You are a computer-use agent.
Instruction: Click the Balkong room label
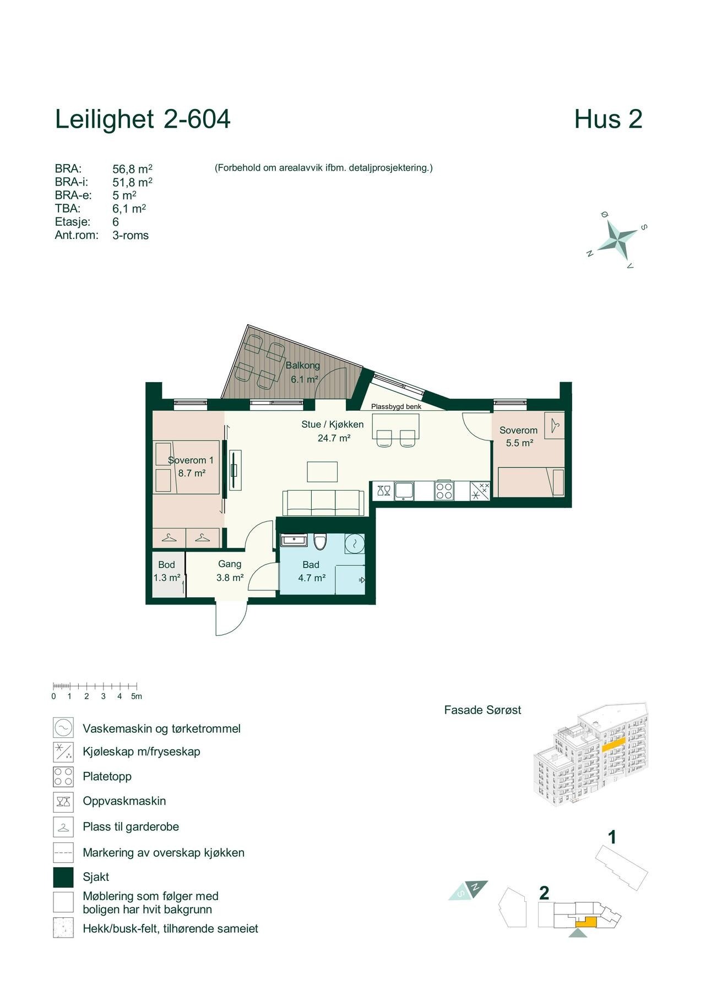302,366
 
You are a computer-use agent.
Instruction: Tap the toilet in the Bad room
320,541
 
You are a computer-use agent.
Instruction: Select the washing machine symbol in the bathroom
355,543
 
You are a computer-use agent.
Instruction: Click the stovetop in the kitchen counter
444,491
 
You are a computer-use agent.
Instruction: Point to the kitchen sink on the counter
404,491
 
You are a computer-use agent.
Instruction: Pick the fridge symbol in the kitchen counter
480,491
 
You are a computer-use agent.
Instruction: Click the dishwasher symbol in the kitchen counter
384,491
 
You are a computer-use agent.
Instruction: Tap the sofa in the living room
323,503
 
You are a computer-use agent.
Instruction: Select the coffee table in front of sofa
323,472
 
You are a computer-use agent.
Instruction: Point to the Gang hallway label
230,564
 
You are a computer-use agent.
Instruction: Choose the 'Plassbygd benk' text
396,407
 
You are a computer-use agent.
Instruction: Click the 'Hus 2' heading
608,119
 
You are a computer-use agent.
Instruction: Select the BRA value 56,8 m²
132,168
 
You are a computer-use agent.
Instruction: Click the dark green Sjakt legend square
63,877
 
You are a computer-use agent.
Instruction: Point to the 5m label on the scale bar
137,696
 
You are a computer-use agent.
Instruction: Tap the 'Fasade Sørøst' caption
482,710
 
